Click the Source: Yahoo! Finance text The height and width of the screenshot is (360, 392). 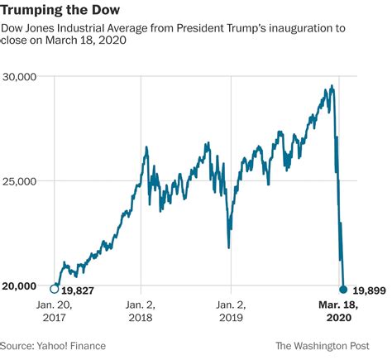coord(53,346)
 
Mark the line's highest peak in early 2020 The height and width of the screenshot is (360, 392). coord(332,85)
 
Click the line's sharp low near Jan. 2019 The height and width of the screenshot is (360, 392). coord(228,247)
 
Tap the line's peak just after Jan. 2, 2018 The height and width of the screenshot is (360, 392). coord(146,148)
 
